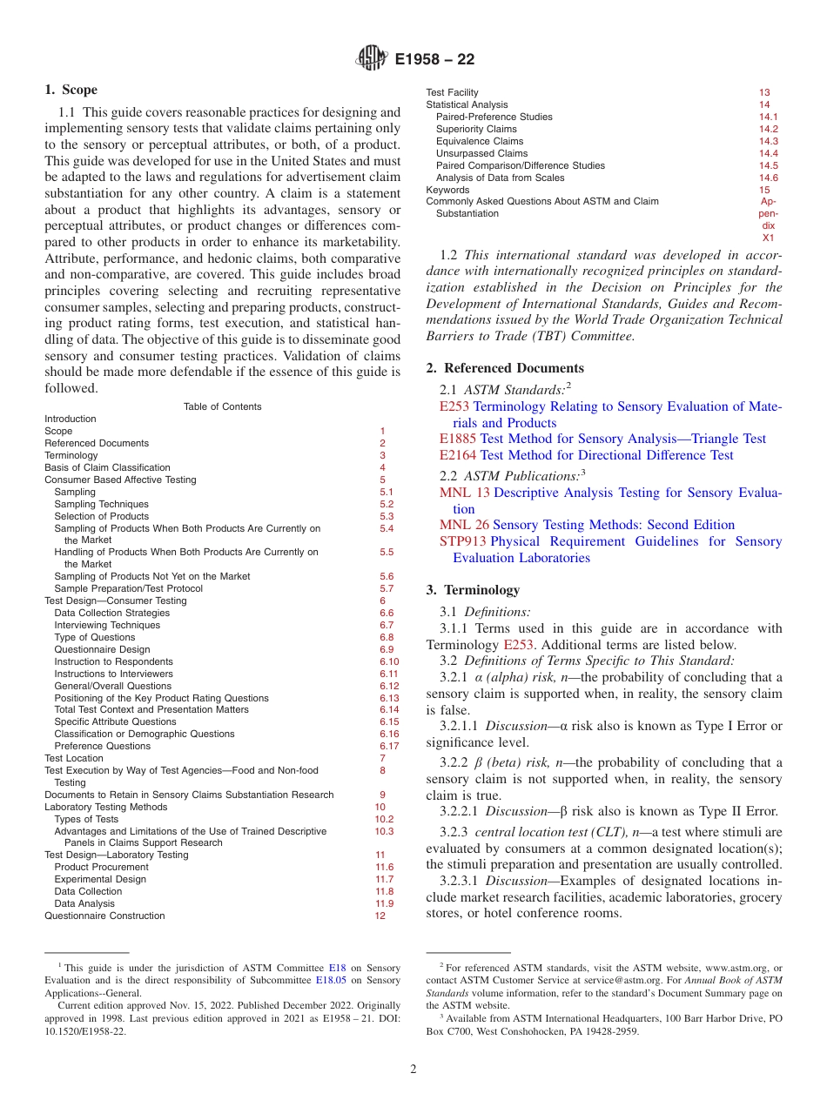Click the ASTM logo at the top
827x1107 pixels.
pos(372,59)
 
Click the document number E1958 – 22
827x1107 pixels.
pos(434,60)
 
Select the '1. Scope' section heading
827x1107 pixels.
pos(71,90)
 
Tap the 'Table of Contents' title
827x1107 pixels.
pos(223,406)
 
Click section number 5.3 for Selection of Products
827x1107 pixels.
pos(387,516)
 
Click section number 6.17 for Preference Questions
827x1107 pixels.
pos(389,746)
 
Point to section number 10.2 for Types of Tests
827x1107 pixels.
pos(384,819)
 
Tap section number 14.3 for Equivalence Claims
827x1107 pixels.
pos(768,141)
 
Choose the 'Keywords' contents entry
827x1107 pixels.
pos(447,190)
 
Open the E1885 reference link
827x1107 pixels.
pos(458,439)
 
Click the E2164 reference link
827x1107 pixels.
pos(458,455)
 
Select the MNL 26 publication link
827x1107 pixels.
pos(465,525)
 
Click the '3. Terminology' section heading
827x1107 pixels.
pos(473,590)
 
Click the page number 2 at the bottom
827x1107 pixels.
pos(413,1069)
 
